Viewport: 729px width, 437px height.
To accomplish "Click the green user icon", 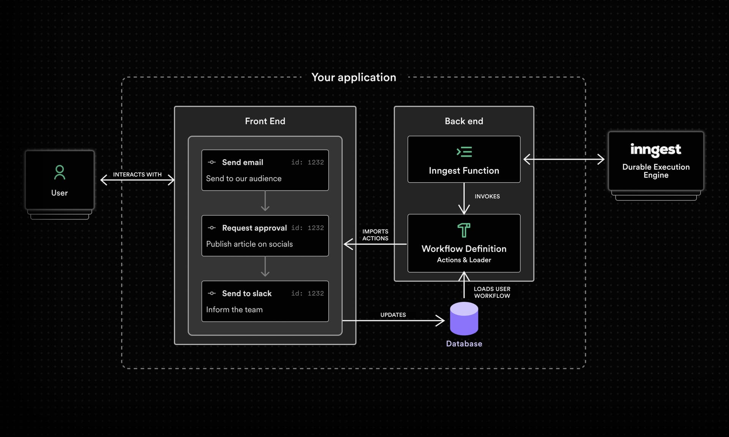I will click(60, 172).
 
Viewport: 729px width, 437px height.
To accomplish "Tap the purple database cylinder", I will click(464, 319).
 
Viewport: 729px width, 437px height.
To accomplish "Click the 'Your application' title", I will click(353, 77).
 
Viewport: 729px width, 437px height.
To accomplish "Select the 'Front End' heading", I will click(265, 121).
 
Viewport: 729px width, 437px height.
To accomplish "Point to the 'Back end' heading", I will click(464, 121).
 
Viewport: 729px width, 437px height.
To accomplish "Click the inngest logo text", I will click(655, 149).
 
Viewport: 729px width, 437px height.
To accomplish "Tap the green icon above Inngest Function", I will click(464, 152).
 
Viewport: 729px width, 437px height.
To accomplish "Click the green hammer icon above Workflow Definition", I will click(464, 230).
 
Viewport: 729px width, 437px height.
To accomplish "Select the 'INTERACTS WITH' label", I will click(137, 175).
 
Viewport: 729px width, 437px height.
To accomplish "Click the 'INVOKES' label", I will click(487, 196).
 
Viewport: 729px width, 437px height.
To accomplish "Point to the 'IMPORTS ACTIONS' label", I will click(375, 235).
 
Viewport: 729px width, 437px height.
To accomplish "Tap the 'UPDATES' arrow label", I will click(393, 315).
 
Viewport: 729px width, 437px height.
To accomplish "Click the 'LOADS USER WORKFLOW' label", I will click(492, 292).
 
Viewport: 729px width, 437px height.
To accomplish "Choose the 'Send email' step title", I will click(242, 162).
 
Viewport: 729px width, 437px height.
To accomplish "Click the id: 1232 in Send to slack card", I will click(307, 293).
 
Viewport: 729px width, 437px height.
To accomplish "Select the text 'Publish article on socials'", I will click(249, 244).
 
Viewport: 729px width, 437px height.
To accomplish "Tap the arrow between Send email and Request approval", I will click(265, 202).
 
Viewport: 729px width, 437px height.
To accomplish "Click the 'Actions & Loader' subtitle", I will click(464, 260).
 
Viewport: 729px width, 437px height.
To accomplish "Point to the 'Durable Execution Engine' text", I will click(656, 171).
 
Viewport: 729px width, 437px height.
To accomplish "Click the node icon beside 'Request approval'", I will click(212, 228).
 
